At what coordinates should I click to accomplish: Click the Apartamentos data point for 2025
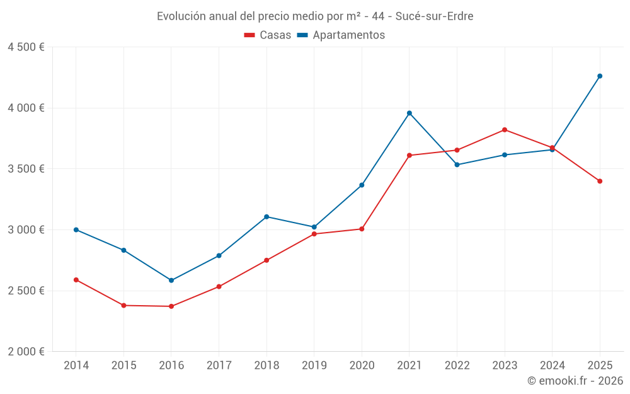(x=600, y=76)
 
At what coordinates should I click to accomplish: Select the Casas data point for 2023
(x=505, y=130)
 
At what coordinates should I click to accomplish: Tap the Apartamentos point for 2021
(x=409, y=113)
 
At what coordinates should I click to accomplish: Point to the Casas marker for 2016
(x=171, y=306)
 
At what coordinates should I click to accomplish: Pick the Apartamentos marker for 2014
(x=76, y=229)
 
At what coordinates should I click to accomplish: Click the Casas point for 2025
(x=600, y=181)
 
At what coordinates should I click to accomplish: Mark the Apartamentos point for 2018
(x=266, y=217)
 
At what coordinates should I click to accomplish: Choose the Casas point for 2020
(x=362, y=229)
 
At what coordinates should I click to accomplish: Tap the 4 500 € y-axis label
(x=26, y=47)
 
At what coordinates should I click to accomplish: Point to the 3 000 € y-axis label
(x=26, y=229)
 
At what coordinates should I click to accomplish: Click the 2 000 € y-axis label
(x=26, y=352)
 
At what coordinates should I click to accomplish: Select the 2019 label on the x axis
(x=314, y=366)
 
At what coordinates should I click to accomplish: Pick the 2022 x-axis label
(x=457, y=366)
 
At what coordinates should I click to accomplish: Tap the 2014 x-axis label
(x=76, y=366)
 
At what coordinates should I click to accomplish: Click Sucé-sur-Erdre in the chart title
(x=434, y=16)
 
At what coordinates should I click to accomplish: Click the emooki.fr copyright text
(x=575, y=381)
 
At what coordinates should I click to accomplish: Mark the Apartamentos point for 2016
(x=171, y=281)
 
